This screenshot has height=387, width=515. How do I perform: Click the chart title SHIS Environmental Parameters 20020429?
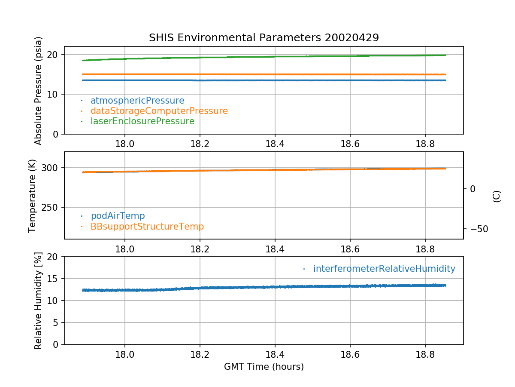pos(264,38)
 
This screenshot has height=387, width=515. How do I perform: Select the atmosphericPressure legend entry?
pos(137,101)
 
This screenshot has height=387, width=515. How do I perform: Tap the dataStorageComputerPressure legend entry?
pos(159,111)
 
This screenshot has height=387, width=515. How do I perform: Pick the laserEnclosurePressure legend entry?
pos(142,121)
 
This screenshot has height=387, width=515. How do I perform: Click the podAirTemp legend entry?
pos(118,216)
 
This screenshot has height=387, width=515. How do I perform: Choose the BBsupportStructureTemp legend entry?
pos(147,226)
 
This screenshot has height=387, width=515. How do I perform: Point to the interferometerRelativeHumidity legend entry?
pos(384,269)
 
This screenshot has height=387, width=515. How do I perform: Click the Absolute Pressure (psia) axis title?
pos(39,90)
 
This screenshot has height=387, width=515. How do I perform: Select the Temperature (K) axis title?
pos(33,196)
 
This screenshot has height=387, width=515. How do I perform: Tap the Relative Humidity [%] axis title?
pos(39,301)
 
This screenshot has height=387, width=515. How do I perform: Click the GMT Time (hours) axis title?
pos(264,367)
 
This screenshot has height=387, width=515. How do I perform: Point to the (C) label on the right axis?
pos(497,196)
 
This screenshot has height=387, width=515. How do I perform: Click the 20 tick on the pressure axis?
pos(53,55)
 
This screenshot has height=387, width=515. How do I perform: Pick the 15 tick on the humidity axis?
pos(53,279)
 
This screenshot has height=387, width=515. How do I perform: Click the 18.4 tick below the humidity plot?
pos(275,355)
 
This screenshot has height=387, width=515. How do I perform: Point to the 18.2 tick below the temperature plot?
pos(200,249)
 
